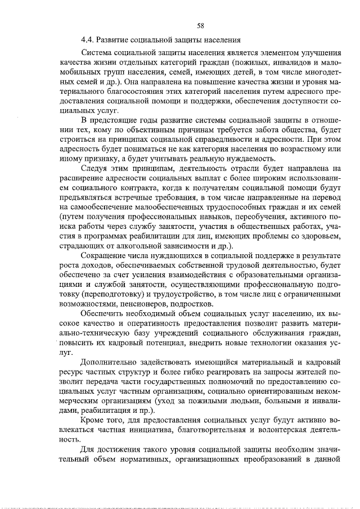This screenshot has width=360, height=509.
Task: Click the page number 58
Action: click(200, 25)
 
